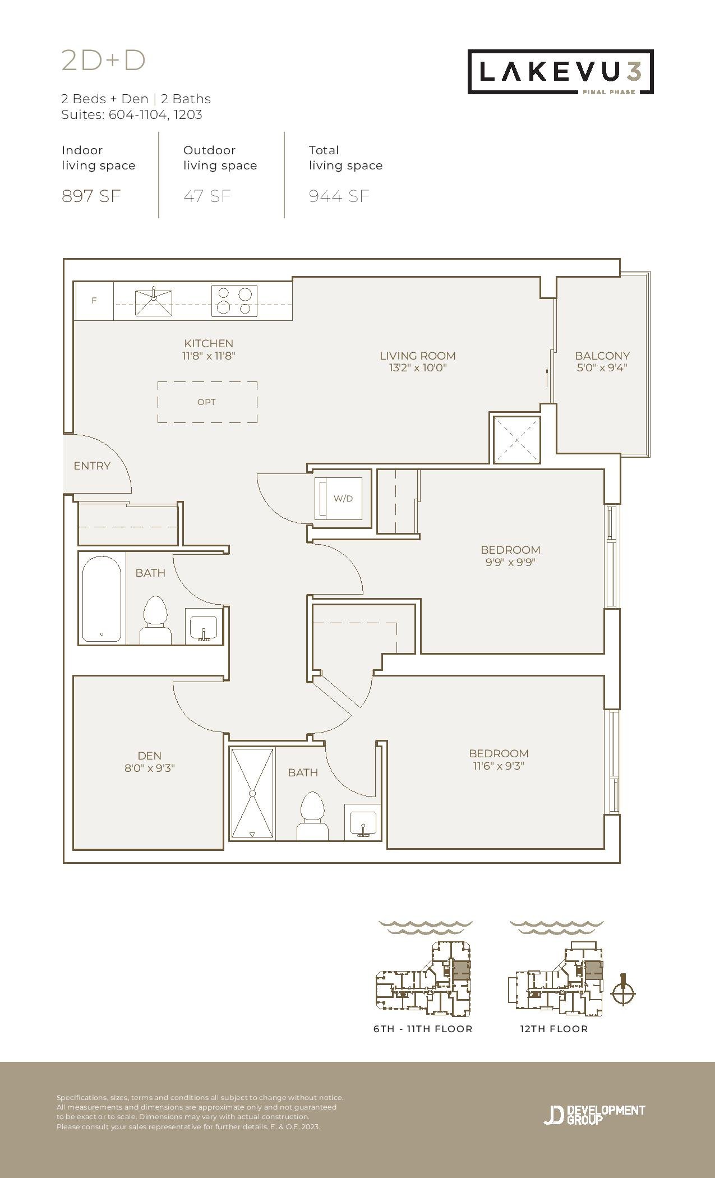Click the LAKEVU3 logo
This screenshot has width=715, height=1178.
click(x=561, y=72)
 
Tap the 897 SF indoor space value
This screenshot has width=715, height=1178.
click(x=91, y=196)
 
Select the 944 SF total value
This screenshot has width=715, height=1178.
click(x=339, y=196)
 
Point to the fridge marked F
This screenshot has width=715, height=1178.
click(x=94, y=301)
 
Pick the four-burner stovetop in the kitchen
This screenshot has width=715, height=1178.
click(x=234, y=301)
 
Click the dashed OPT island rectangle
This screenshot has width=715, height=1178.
click(x=207, y=402)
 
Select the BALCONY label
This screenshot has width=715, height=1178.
click(x=602, y=356)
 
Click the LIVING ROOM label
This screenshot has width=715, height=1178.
click(x=418, y=356)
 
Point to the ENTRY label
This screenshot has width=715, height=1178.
click(x=92, y=466)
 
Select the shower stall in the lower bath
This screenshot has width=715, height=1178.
click(x=252, y=793)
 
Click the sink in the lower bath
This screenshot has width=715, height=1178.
click(x=363, y=822)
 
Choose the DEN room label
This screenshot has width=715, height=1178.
click(x=150, y=756)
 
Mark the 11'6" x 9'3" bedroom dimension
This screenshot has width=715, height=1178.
click(x=499, y=766)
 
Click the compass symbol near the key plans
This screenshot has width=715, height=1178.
click(x=622, y=993)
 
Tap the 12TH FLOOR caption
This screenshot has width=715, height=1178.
click(x=554, y=1029)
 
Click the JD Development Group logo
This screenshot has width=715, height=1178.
click(x=594, y=1115)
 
